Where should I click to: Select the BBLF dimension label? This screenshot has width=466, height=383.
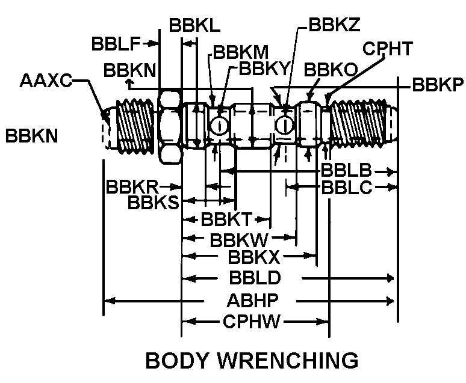point(116,44)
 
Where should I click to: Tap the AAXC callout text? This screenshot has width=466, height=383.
point(46,81)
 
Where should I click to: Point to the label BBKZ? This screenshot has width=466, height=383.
point(334,25)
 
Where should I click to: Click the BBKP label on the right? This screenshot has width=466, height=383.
point(437,84)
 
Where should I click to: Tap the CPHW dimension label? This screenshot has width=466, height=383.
point(252,322)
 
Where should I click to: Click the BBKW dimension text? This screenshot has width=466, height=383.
point(238,239)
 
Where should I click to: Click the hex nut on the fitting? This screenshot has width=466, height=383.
point(170,126)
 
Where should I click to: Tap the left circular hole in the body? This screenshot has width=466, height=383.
point(219,126)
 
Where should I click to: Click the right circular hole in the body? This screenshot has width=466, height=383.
point(284,125)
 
